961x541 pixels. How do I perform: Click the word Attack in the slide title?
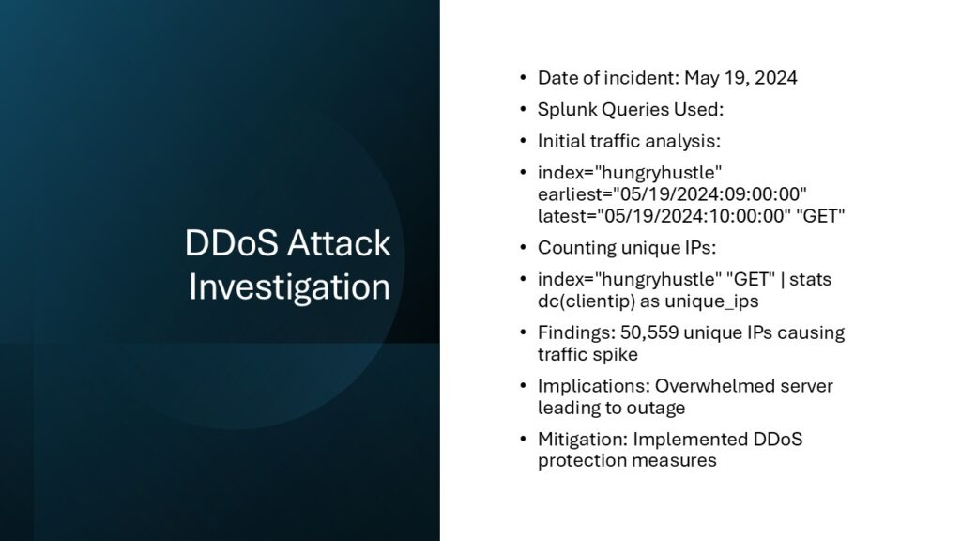(x=339, y=243)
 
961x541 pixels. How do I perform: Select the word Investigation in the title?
(x=289, y=287)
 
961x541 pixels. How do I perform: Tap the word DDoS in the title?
(x=232, y=243)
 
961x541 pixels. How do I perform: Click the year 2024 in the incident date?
(x=776, y=78)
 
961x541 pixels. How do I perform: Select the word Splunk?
(x=567, y=110)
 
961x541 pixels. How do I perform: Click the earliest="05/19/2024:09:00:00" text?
(x=672, y=194)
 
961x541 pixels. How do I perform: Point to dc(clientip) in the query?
(x=587, y=301)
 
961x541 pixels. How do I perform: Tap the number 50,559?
(x=649, y=333)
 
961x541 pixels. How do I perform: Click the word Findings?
(x=576, y=333)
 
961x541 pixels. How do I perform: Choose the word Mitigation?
(x=582, y=440)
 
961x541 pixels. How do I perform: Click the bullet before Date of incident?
(x=523, y=78)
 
